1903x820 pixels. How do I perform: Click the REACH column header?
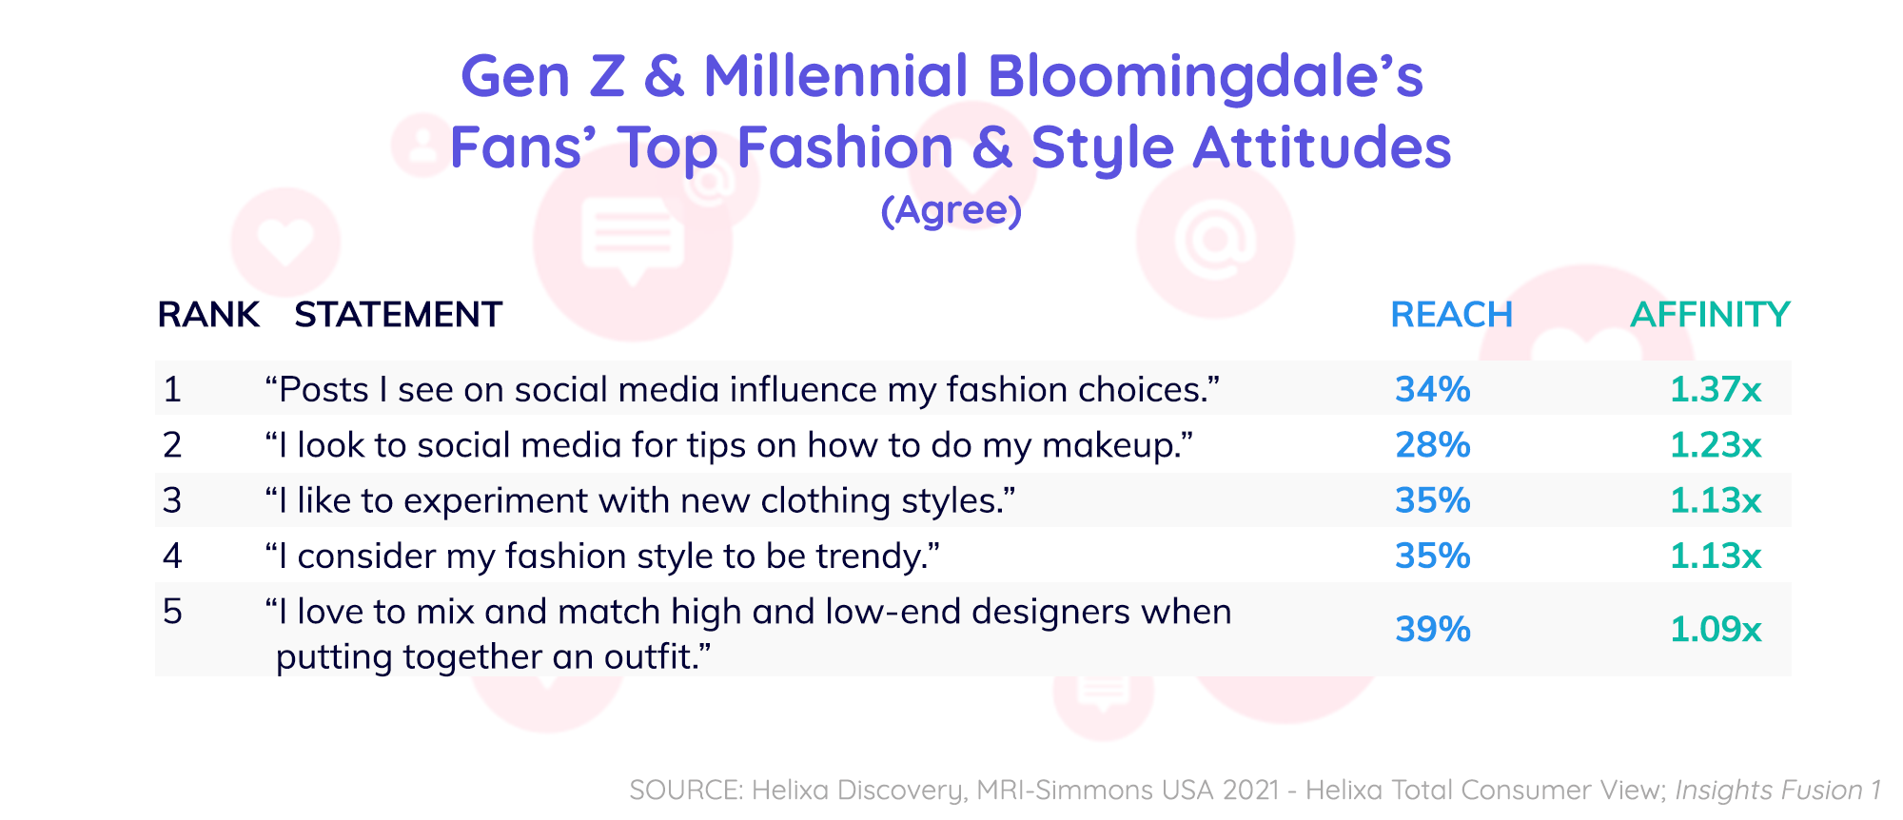[1451, 315]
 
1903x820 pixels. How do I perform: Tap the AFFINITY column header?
[1710, 315]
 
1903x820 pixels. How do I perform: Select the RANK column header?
[208, 315]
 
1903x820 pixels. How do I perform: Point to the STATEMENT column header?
[398, 315]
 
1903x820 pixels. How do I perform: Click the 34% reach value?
[1432, 389]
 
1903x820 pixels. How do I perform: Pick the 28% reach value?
[1432, 444]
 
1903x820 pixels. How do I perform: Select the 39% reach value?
[1432, 629]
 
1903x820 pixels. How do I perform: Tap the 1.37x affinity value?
[1716, 389]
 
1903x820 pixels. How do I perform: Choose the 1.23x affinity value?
[1716, 444]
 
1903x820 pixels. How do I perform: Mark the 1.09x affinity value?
[1716, 629]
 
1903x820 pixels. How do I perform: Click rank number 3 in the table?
[172, 500]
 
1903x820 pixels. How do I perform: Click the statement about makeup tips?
[729, 445]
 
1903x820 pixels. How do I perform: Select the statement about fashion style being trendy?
[602, 556]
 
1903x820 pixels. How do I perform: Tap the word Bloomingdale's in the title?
[1205, 76]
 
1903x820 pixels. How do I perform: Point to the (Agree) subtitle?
[951, 210]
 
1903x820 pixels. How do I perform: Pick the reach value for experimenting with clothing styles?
[1432, 500]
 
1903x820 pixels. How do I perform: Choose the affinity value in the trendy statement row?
[1716, 556]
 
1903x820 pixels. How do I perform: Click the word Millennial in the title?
[835, 76]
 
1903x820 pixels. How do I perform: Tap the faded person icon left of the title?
[421, 146]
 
